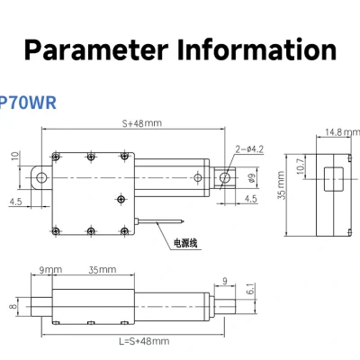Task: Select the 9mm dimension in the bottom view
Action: (x=50, y=270)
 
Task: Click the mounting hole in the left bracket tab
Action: (x=38, y=175)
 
